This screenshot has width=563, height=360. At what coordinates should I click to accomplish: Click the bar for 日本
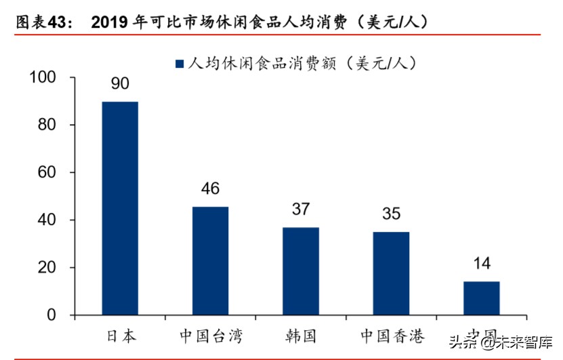[x=120, y=208]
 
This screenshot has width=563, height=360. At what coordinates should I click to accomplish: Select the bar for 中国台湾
[x=210, y=261]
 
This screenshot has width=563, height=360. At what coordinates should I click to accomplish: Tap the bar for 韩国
[x=300, y=271]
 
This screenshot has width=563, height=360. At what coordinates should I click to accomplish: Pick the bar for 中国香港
[x=391, y=274]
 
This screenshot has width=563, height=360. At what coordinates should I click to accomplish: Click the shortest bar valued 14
[x=481, y=298]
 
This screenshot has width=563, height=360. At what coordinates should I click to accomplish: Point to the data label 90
[x=120, y=84]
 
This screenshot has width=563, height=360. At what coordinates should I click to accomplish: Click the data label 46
[x=210, y=188]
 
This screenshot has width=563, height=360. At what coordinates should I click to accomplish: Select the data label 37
[x=300, y=209]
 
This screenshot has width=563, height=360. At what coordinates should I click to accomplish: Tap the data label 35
[x=391, y=214]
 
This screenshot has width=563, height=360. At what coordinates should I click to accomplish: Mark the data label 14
[x=481, y=263]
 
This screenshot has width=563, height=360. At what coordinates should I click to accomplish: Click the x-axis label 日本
[x=121, y=336]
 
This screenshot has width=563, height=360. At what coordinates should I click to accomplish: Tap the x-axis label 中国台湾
[x=210, y=336]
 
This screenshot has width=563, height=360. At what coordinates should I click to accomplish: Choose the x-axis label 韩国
[x=300, y=336]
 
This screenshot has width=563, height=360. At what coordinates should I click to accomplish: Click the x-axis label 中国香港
[x=391, y=336]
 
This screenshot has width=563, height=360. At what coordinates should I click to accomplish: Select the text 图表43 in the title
[x=43, y=22]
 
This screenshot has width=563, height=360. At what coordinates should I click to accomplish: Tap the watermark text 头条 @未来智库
[x=498, y=342]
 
